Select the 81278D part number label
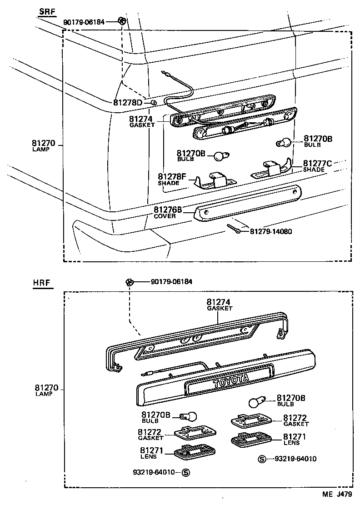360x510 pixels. pos(128,103)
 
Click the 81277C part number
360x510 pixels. pos(318,163)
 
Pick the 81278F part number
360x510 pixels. pos(172,177)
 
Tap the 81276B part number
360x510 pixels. pos(168,210)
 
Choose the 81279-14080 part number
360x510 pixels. pos(271,231)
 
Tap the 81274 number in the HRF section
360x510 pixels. pos(219,301)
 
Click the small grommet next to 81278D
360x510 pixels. pos(153,103)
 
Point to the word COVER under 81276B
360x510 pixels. pos(165,216)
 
